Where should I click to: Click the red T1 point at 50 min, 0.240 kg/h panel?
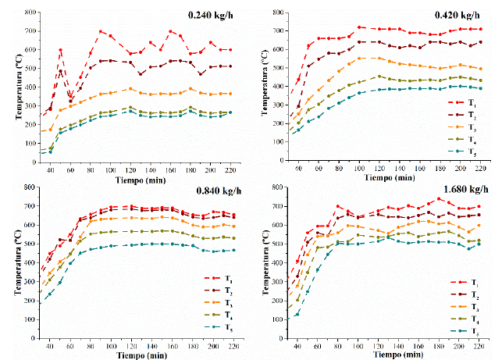point(61,50)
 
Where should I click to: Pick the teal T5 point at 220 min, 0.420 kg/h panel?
point(481,88)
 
